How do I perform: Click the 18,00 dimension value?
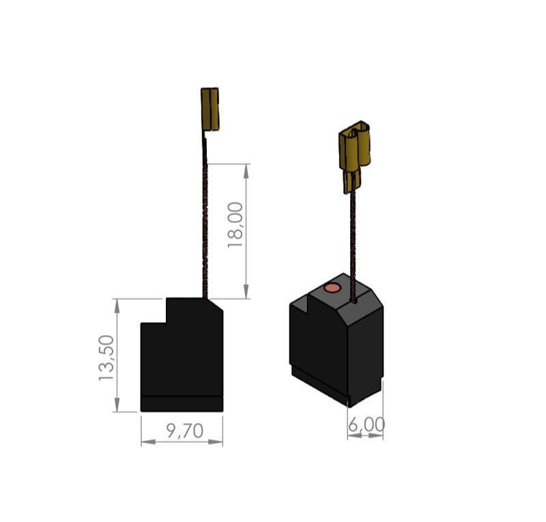235,225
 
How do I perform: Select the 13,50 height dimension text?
106,358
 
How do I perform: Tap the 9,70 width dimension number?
184,431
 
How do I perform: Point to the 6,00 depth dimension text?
367,424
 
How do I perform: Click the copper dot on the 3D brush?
332,288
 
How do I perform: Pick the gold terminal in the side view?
210,109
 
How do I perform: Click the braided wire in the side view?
205,218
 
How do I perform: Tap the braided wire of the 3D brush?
354,244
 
